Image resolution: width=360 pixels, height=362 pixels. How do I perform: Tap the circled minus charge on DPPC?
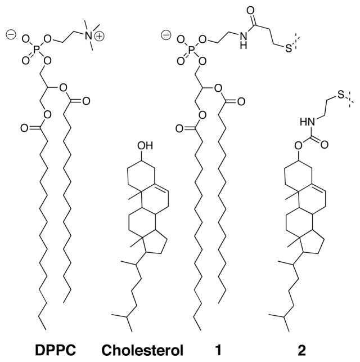click(11, 34)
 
